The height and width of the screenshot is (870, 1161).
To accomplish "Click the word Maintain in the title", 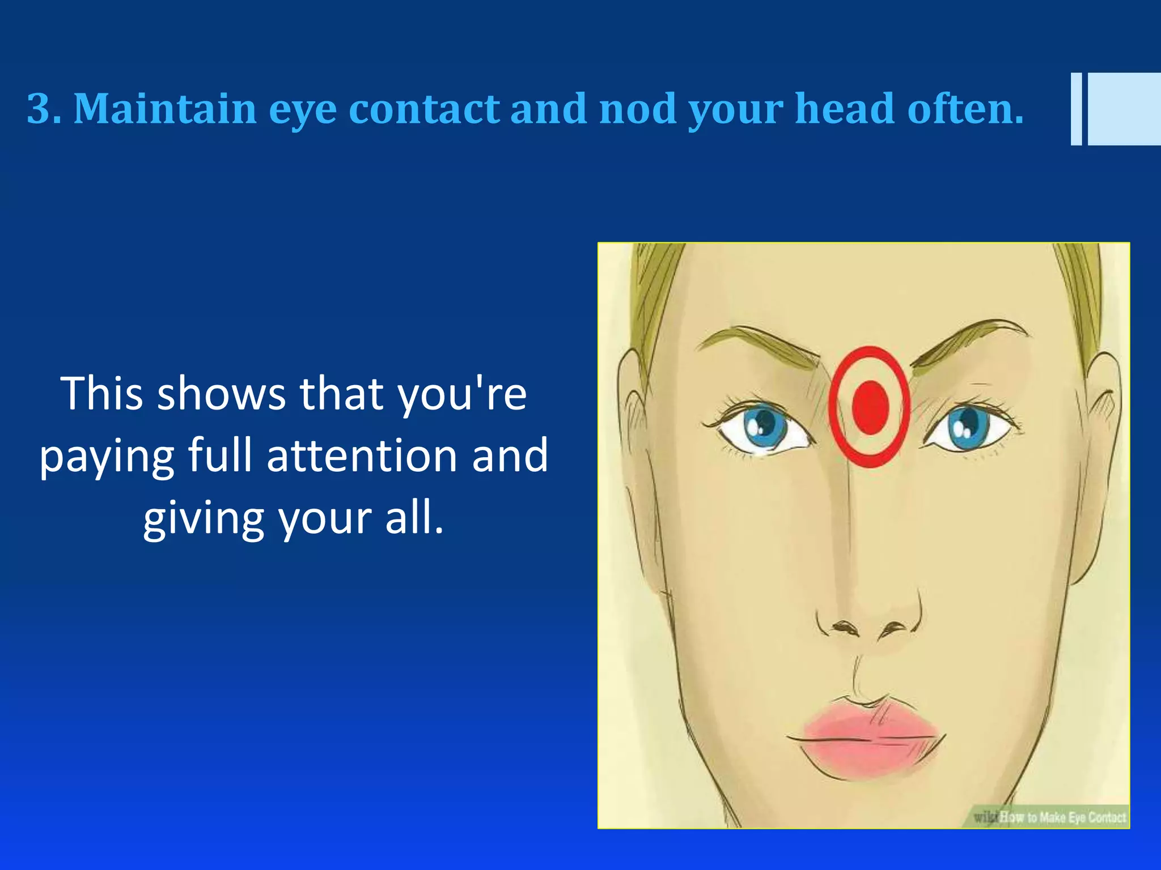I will pos(165,109).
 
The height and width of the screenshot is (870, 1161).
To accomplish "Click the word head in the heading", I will pos(845,109).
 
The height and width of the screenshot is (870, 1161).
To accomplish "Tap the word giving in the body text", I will pos(204,519).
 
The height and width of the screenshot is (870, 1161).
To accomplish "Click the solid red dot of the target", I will pos(870,407).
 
